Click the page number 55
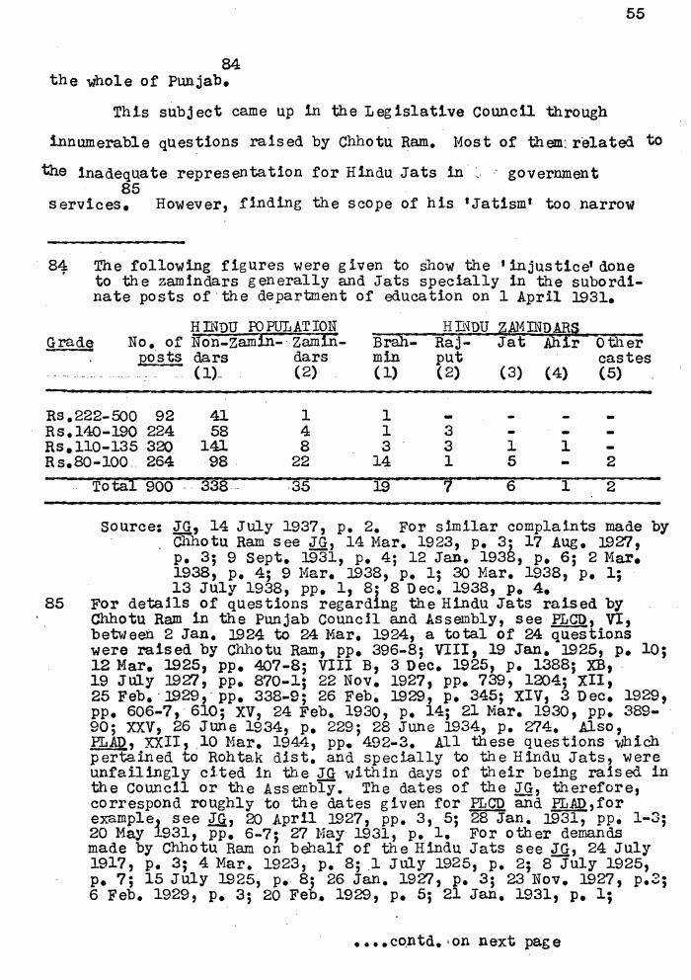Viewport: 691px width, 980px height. [635, 13]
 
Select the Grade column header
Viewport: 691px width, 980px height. [70, 343]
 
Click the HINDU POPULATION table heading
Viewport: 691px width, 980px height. [264, 326]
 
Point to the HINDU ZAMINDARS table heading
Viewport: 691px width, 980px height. [509, 326]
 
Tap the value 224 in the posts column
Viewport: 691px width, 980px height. [159, 431]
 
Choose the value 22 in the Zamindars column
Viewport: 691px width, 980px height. [305, 461]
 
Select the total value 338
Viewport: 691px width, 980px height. [214, 486]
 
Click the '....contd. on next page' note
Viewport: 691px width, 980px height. [456, 941]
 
